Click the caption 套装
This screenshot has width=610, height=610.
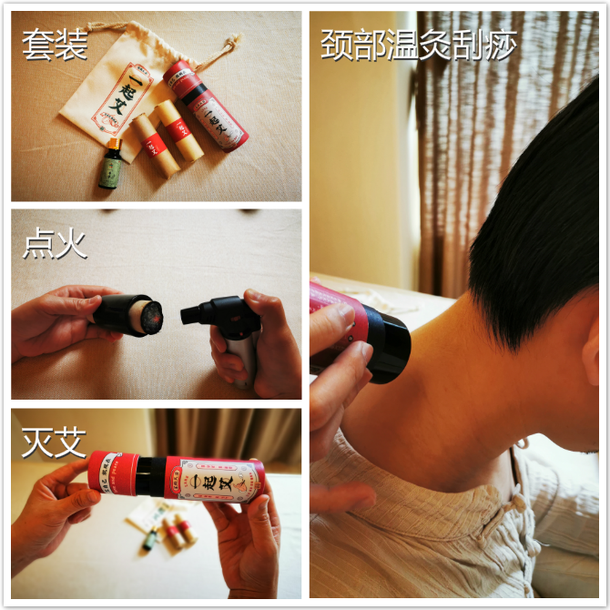pos(54,44)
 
